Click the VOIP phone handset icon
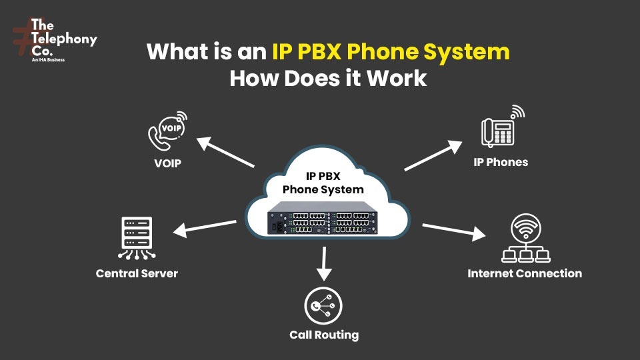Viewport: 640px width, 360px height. (166, 132)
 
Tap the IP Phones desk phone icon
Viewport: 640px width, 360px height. (501, 127)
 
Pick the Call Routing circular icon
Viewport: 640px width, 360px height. (323, 306)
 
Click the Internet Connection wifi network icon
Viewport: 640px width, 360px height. (525, 238)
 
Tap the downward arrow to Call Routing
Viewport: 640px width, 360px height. (324, 263)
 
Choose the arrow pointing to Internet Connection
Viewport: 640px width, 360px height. (453, 231)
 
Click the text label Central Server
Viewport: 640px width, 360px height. (137, 273)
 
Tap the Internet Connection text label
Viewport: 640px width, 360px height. (525, 273)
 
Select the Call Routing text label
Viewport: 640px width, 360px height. (323, 335)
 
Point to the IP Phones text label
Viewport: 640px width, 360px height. (501, 162)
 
